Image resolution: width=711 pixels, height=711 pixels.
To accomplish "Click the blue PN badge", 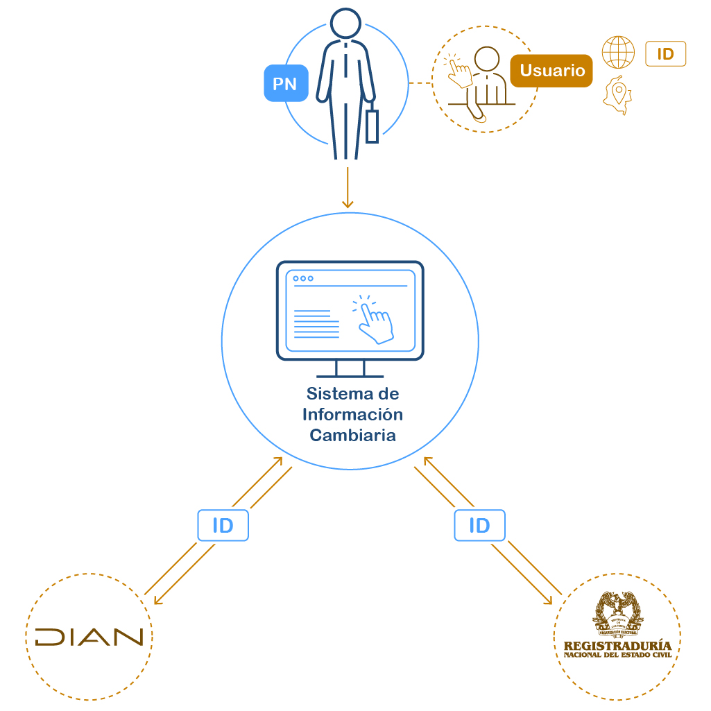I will coord(284,84).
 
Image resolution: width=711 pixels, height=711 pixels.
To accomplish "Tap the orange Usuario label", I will coord(551,71).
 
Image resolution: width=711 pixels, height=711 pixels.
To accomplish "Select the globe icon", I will coord(618,53).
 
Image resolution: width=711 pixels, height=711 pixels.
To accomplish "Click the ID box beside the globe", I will coord(665,54).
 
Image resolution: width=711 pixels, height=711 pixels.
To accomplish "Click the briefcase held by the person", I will coord(372,126).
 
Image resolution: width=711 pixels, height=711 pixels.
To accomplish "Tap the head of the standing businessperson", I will coord(345,24).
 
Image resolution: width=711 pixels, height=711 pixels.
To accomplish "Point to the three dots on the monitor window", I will coord(303,278).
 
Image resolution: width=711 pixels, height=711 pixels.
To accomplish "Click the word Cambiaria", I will coord(352,436).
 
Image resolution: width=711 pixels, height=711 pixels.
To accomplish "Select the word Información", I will coord(352,415).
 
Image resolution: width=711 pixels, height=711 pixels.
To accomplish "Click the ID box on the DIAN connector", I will coord(223,526).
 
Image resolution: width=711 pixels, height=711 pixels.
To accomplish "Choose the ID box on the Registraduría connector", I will coord(479,526).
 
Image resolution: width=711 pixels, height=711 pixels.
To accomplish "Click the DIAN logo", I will coord(89,637).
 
